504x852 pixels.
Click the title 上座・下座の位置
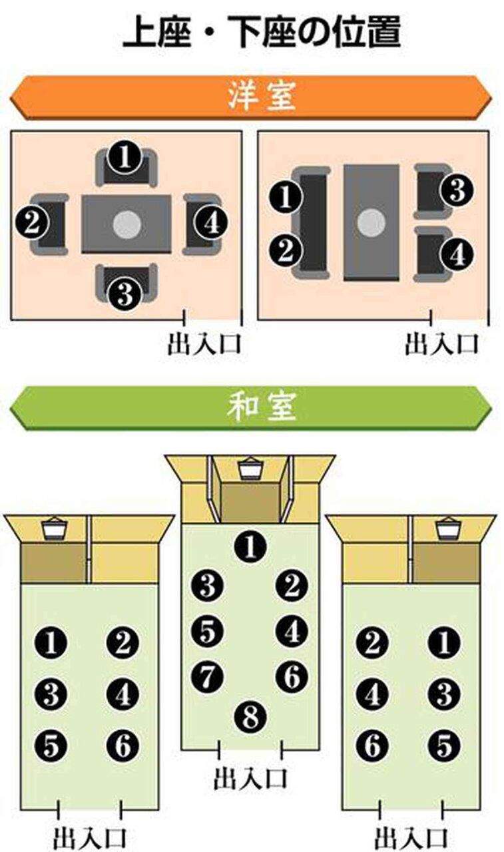[261, 31]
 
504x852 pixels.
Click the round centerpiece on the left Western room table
[126, 224]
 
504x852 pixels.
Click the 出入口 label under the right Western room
[442, 344]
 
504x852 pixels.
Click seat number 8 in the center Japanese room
[251, 717]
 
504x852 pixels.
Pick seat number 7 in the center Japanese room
[207, 677]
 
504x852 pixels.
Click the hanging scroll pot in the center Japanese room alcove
[251, 469]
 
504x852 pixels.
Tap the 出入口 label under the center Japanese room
[250, 778]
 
